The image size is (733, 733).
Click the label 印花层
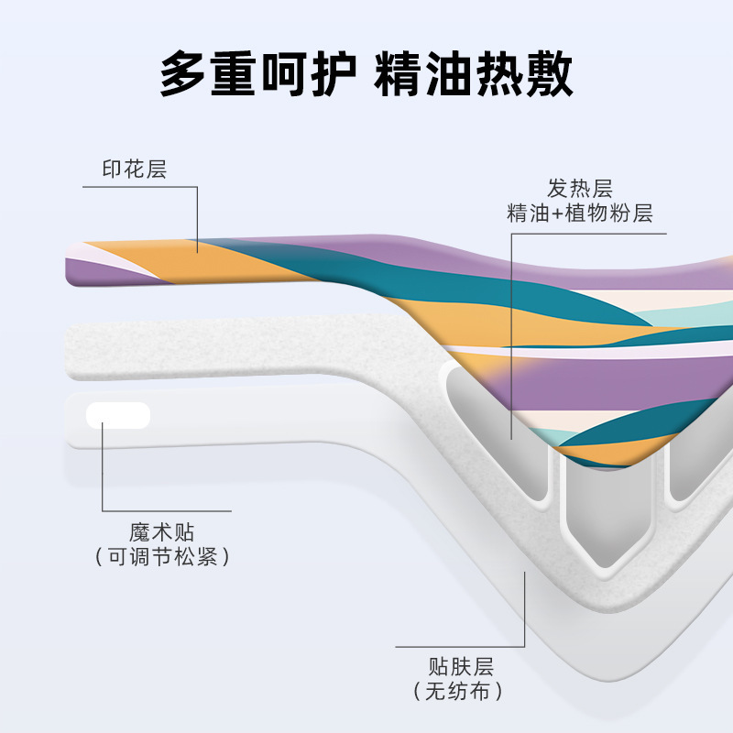[x=134, y=170]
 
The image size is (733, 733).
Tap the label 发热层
[x=579, y=189]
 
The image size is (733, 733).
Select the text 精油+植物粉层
[x=579, y=214]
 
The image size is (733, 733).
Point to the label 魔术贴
[x=162, y=532]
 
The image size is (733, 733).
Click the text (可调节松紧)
[x=162, y=556]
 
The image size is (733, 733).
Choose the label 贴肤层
[x=460, y=666]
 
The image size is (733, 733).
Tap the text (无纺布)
[x=460, y=691]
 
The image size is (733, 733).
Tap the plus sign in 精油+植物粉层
[x=555, y=215]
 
